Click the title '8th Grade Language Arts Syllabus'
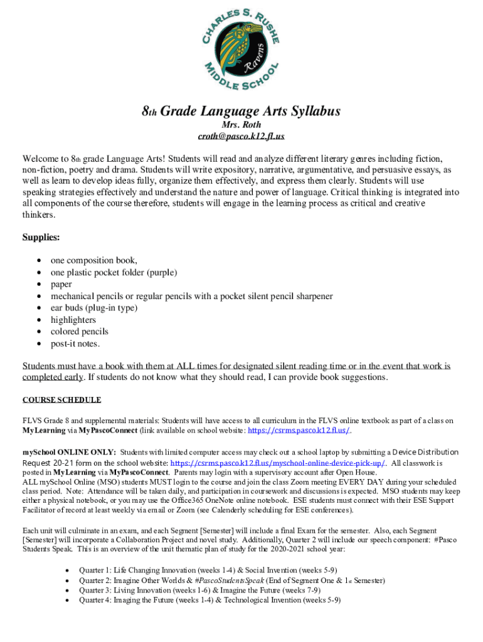pos(241,112)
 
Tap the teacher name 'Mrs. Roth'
pos(241,125)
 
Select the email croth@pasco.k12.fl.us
pos(241,136)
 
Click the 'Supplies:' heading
pos(41,237)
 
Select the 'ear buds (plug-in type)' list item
pos(93,308)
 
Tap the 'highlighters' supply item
pos(73,320)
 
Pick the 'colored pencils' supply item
pos(80,332)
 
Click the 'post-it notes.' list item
pos(75,344)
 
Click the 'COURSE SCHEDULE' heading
pos(61,399)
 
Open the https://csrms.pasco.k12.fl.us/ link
pos(299,431)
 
